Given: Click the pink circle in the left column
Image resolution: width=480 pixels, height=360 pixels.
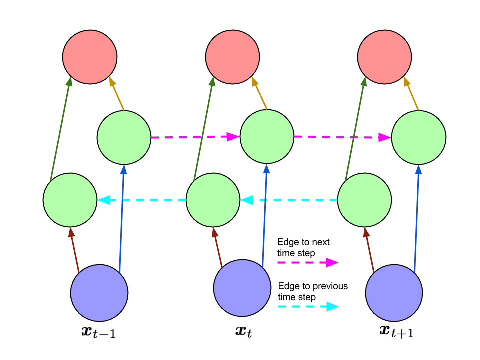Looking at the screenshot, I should point(90,57).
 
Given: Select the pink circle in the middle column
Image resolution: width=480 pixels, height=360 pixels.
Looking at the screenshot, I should point(232,57).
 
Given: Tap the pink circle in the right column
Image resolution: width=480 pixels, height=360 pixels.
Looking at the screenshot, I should point(384,57).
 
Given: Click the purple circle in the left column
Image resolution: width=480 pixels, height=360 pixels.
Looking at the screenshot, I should point(99,293).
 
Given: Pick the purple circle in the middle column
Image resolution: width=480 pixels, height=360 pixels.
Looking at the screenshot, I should point(242,288).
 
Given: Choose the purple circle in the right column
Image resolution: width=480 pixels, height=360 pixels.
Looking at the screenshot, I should point(394,293).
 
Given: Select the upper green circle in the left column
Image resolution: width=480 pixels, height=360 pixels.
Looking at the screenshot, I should point(124,137).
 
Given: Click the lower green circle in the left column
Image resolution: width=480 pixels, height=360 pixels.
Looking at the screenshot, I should point(70,200).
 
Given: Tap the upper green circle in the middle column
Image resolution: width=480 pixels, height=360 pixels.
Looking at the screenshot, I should point(267,136).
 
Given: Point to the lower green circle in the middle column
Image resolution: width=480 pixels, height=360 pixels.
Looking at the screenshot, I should point(213,200).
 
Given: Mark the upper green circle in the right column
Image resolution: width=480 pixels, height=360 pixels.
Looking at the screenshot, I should point(418,137).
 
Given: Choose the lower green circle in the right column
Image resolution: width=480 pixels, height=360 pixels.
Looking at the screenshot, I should point(364,200).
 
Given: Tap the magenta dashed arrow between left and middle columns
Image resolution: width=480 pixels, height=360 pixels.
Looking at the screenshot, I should point(195,137).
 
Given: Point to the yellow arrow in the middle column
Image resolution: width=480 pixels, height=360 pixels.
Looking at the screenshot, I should point(259,93).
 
